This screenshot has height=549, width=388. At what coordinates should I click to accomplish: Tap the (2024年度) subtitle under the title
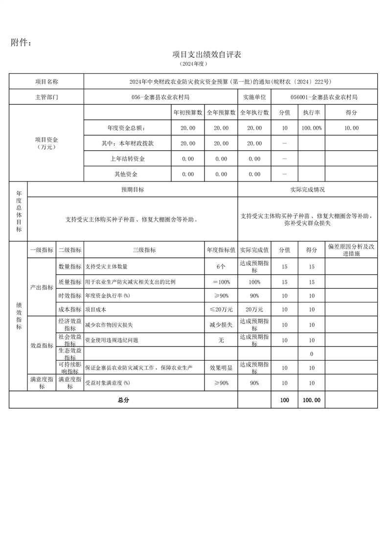pyautogui.click(x=194, y=64)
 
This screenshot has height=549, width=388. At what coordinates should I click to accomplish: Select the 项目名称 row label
pyautogui.click(x=46, y=82)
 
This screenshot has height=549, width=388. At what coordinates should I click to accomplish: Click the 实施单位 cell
pyautogui.click(x=254, y=97)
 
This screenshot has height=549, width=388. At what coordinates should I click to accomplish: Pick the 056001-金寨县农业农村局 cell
pyautogui.click(x=324, y=97)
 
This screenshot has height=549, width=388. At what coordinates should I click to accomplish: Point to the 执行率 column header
pyautogui.click(x=312, y=113)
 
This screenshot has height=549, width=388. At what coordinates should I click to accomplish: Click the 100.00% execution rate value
pyautogui.click(x=312, y=128)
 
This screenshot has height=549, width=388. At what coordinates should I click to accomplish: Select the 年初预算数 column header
pyautogui.click(x=188, y=113)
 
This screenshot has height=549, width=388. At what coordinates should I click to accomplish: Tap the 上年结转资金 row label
pyautogui.click(x=128, y=159)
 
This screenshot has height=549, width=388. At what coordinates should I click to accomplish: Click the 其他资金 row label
pyautogui.click(x=128, y=174)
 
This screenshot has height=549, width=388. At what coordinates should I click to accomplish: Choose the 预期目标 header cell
pyautogui.click(x=133, y=189)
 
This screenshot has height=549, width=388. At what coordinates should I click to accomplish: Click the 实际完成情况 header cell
pyautogui.click(x=307, y=189)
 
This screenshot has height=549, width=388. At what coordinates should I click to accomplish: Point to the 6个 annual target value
pyautogui.click(x=221, y=267)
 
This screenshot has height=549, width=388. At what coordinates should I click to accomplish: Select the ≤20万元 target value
pyautogui.click(x=221, y=309)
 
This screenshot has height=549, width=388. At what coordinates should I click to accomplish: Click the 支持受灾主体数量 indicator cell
pyautogui.click(x=106, y=267)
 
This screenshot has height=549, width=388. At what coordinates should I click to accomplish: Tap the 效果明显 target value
pyautogui.click(x=221, y=367)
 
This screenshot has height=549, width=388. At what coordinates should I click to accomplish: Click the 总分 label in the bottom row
pyautogui.click(x=123, y=400)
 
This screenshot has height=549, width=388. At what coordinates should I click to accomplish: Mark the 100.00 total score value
pyautogui.click(x=312, y=400)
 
